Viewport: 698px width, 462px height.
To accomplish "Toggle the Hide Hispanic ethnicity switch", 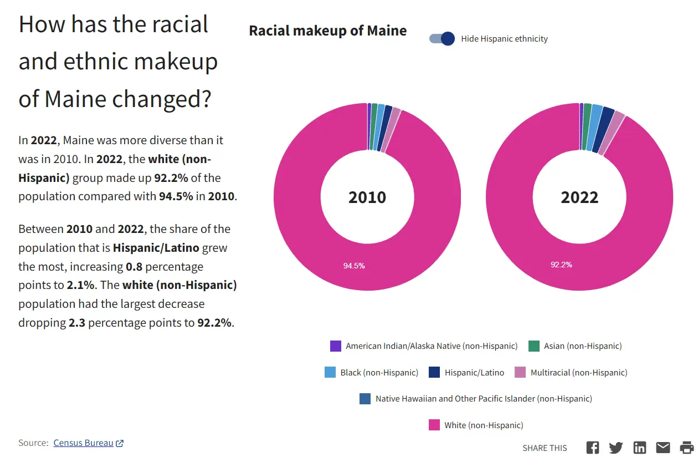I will [x=442, y=39].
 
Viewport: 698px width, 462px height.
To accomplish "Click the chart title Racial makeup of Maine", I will [x=327, y=31].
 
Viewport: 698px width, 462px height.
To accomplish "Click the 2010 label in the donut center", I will [x=367, y=197].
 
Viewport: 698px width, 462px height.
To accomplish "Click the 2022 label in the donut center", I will [x=579, y=197].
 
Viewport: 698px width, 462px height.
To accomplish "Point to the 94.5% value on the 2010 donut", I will [x=354, y=266].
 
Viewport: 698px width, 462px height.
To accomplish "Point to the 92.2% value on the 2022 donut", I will [x=561, y=265].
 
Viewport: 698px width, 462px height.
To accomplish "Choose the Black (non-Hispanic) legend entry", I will [x=379, y=373].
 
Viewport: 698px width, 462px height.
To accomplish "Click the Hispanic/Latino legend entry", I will [x=474, y=373].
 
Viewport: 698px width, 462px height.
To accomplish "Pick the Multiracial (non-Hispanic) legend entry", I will [x=578, y=373].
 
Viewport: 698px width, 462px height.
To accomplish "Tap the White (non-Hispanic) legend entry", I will [x=483, y=425].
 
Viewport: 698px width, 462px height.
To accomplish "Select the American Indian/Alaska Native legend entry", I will [x=431, y=346].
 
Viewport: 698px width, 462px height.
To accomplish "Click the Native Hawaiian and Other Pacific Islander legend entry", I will [x=483, y=399].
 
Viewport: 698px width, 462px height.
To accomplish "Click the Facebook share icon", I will [x=593, y=448].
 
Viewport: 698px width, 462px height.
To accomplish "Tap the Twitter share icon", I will [x=616, y=448].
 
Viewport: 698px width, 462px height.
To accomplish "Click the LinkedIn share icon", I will [x=640, y=448].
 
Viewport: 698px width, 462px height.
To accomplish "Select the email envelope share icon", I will [x=663, y=448].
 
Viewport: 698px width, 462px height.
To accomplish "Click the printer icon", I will [x=687, y=448].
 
